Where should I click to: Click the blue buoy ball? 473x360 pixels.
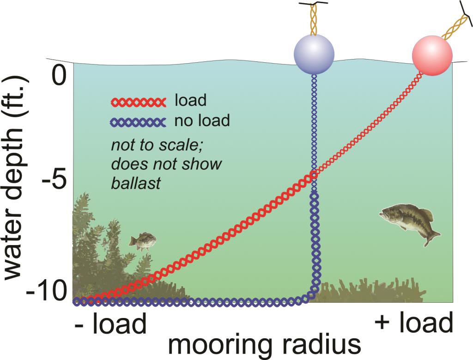[x=314, y=54]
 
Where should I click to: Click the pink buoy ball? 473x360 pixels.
[x=432, y=56]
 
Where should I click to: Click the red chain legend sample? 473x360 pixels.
[x=138, y=102]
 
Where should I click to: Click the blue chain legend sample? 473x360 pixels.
[x=138, y=122]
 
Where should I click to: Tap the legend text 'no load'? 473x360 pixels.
[x=202, y=121]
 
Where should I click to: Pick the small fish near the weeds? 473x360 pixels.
[x=142, y=241]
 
